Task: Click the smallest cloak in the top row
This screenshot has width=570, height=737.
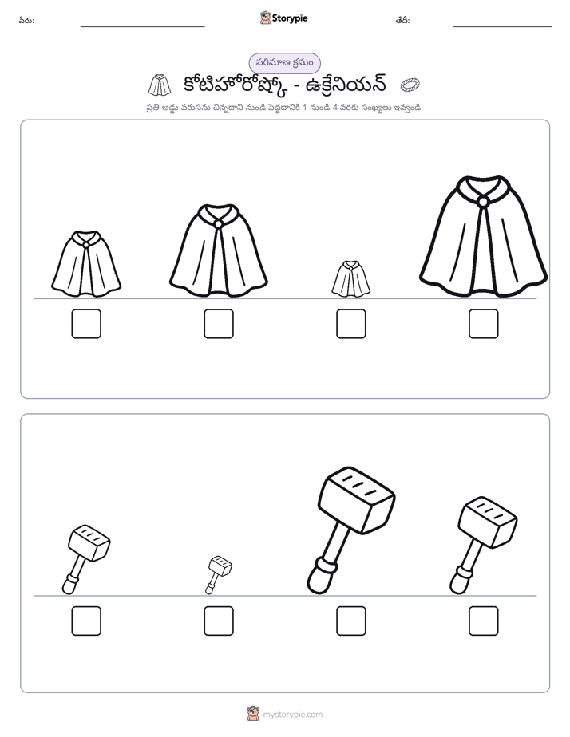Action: point(350,279)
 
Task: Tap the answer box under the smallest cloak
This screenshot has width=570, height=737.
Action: point(350,324)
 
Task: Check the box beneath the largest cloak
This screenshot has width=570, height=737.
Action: point(484,324)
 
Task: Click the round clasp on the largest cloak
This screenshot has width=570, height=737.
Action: point(482,202)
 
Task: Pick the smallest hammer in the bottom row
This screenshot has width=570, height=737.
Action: point(218,575)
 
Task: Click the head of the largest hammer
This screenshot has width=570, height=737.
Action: point(357,500)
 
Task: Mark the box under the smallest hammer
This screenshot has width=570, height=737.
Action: point(219,621)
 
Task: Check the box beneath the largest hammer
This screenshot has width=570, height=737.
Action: point(350,621)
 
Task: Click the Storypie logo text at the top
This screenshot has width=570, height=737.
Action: point(290,18)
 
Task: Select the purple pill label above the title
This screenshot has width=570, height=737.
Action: point(284,63)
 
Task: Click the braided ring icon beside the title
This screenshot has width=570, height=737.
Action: point(410,85)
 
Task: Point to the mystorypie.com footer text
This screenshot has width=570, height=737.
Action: point(292,715)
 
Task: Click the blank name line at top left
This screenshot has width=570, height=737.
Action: point(142,27)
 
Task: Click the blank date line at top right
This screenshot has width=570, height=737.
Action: point(502,27)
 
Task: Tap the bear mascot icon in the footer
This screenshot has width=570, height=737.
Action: point(253,714)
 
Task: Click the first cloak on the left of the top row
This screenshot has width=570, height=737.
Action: point(86,264)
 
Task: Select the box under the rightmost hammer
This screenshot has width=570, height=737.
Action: point(484,621)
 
